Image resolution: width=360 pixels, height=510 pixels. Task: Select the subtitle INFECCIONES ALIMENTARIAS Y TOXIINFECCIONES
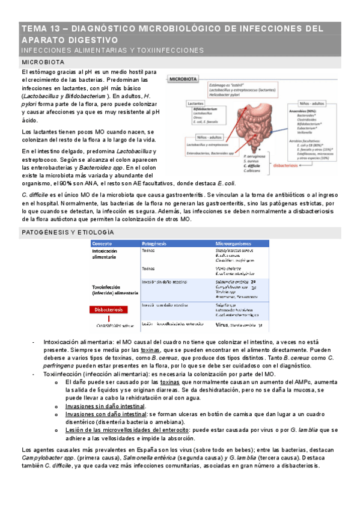pos(112,50)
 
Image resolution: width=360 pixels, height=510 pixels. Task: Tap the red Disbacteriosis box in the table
pos(112,309)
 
